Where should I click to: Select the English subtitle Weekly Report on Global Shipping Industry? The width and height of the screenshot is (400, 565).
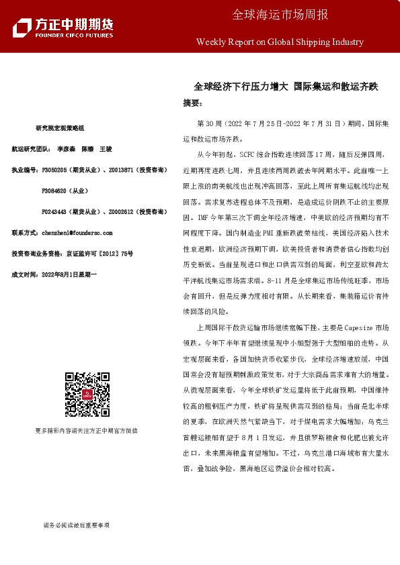[279, 42]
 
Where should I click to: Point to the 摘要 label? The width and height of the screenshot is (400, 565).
[192, 104]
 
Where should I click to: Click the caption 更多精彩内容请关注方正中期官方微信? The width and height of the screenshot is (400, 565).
[86, 430]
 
